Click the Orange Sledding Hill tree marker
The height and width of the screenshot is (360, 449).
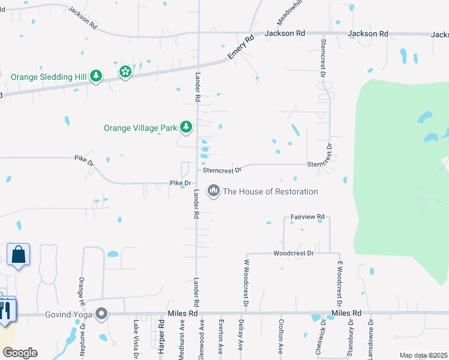coord(95,77)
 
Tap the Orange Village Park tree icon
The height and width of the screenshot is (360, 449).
coord(187,127)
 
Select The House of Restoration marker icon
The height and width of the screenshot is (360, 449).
coord(213,191)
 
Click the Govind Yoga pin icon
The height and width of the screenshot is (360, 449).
coord(101,314)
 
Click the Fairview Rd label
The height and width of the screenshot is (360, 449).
coord(307,216)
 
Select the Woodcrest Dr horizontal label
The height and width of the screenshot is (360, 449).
coord(294,253)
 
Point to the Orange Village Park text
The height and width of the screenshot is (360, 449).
coord(140,128)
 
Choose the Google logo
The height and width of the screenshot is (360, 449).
coord(20,353)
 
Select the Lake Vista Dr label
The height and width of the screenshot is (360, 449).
coord(136,340)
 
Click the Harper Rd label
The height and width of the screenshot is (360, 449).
coord(161,339)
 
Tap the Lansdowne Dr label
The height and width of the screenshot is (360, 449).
coord(372,340)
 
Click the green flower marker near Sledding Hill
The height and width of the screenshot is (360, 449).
coord(125,73)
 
